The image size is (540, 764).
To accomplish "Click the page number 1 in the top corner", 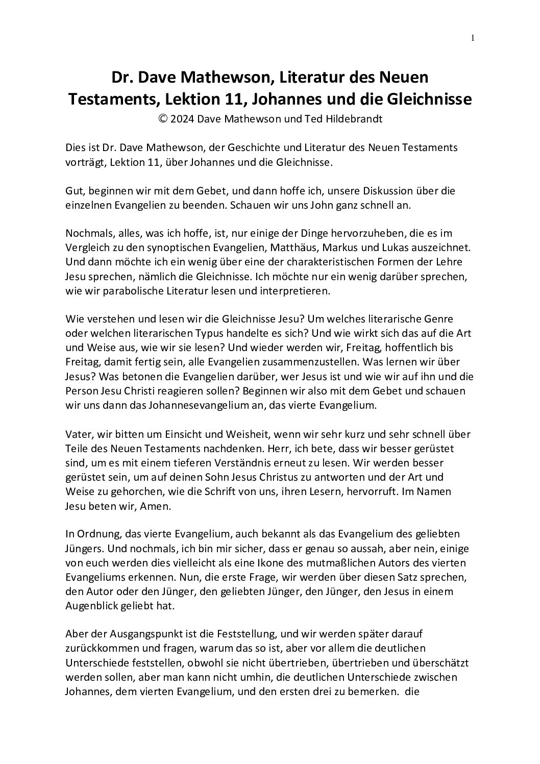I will tap(473, 38).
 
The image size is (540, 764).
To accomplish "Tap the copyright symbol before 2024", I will tap(163, 118).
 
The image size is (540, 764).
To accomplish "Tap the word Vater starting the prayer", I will tap(78, 434).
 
